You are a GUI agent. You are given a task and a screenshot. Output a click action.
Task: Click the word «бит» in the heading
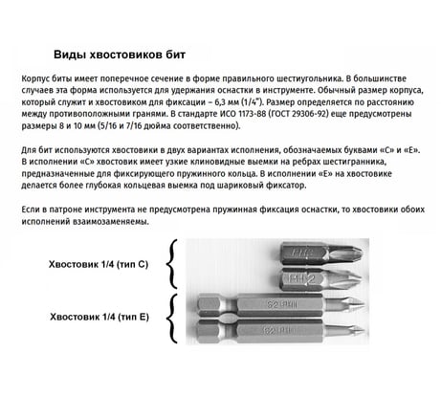[x=175, y=55]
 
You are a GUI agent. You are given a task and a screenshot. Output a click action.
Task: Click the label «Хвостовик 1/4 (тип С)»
[x=99, y=265]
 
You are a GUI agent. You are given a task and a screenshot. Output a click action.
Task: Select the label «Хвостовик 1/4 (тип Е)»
[x=99, y=318]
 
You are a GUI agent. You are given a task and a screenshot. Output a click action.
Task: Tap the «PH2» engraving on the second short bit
[x=302, y=279]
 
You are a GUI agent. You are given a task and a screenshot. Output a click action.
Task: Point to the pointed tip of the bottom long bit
[x=364, y=330]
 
